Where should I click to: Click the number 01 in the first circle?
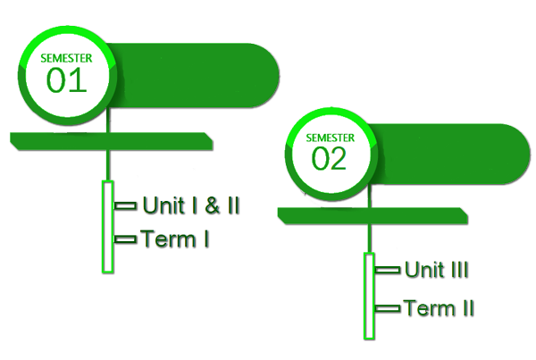pyautogui.click(x=66, y=81)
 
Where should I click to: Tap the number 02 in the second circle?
pyautogui.click(x=329, y=158)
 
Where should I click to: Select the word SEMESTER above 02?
pyautogui.click(x=330, y=138)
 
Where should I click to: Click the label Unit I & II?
pyautogui.click(x=191, y=205)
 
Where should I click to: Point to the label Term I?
pyautogui.click(x=175, y=239)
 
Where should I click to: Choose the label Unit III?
pyautogui.click(x=437, y=269)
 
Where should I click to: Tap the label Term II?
pyautogui.click(x=439, y=309)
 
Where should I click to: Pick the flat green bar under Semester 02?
pyautogui.click(x=372, y=216)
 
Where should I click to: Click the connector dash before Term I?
pyautogui.click(x=126, y=239)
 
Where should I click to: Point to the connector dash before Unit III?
pyautogui.click(x=388, y=269)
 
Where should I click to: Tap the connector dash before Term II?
pyautogui.click(x=388, y=310)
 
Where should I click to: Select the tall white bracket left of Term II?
pyautogui.click(x=368, y=295)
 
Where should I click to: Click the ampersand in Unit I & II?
pyautogui.click(x=211, y=205)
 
